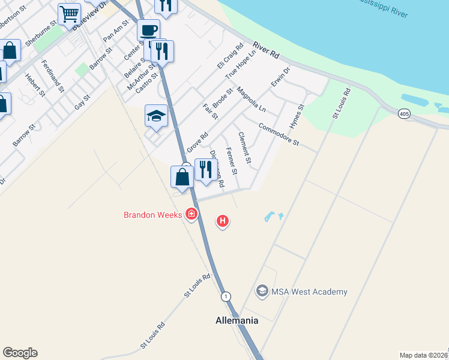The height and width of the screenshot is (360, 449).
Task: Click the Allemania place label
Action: [x=237, y=320]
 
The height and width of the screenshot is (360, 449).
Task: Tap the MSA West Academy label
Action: [x=309, y=292]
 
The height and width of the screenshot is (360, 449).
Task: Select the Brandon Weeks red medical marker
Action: [x=191, y=214]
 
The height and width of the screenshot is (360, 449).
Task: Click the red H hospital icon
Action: [x=223, y=221]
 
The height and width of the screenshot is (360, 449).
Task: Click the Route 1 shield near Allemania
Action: [x=225, y=296]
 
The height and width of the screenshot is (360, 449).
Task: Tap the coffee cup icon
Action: [x=148, y=31]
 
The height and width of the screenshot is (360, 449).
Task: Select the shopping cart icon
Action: [x=70, y=13]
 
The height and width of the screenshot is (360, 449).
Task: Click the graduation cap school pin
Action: [x=156, y=116]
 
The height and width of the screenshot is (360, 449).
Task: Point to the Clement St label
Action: [x=244, y=148]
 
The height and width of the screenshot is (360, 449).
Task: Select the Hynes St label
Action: [x=297, y=115]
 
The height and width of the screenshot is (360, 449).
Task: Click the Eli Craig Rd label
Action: [x=229, y=56]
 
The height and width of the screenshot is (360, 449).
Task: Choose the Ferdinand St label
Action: [x=53, y=76]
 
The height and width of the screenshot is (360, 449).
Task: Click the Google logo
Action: [x=20, y=353]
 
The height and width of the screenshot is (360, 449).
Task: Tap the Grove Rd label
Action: [x=197, y=142]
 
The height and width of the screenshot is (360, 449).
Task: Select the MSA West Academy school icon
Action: [x=262, y=292]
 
